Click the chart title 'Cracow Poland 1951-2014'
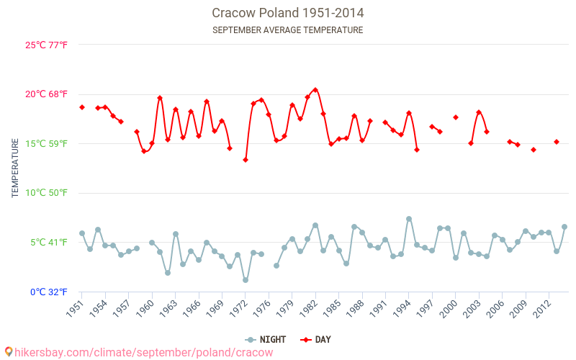click(288, 13)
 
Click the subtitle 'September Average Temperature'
click(288, 30)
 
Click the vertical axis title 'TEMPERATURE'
click(15, 168)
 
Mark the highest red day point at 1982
click(315, 90)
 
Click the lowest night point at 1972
click(246, 280)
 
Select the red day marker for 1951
click(82, 107)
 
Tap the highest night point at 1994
click(409, 219)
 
